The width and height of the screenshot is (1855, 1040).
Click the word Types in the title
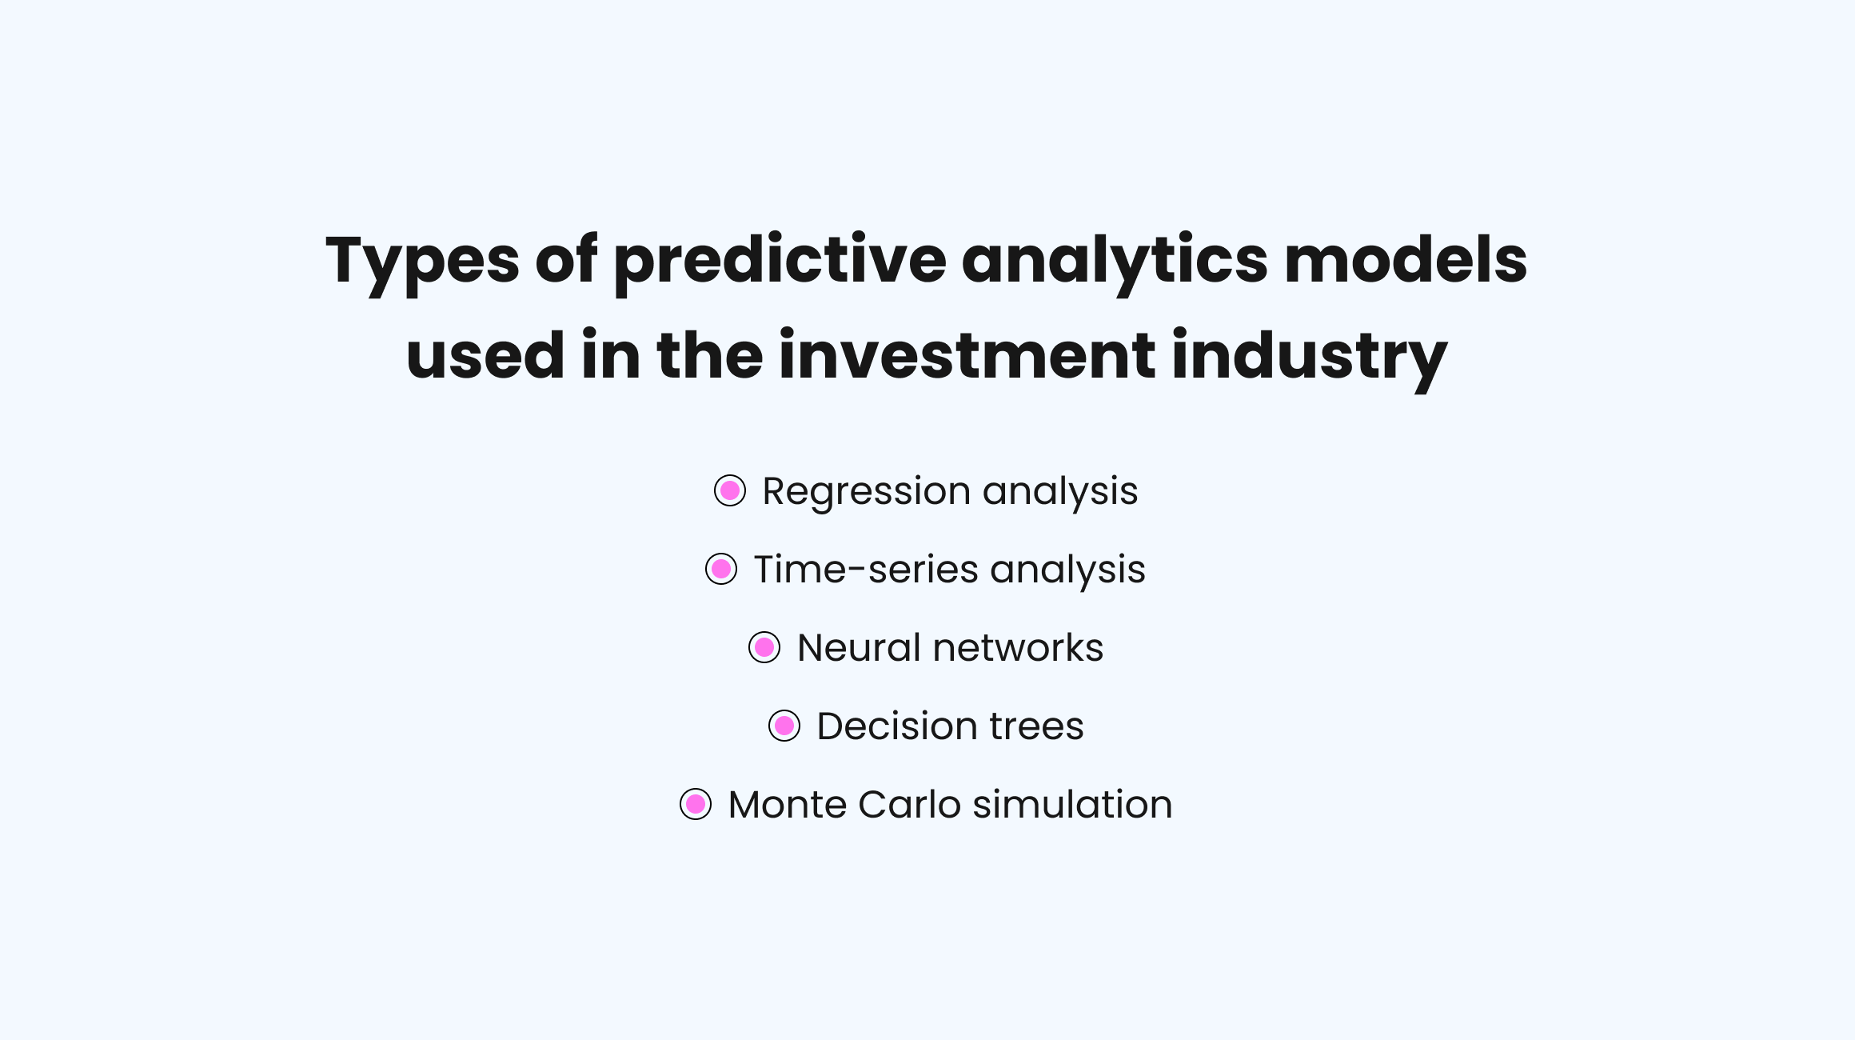pos(422,262)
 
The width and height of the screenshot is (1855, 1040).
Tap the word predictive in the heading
pos(780,262)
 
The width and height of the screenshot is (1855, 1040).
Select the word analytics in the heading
pos(1115,262)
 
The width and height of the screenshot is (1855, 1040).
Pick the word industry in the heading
pos(1310,358)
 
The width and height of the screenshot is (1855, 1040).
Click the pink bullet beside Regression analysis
pos(730,490)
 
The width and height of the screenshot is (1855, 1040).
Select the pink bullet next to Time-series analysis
pos(721,569)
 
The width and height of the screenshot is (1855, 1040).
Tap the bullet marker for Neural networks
pos(764,647)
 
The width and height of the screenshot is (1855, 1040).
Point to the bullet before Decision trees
pos(784,726)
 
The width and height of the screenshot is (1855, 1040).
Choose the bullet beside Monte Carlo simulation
pos(696,804)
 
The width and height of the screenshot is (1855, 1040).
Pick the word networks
pos(1018,647)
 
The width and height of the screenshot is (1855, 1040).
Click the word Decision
pos(897,726)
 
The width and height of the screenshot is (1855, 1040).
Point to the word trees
pos(1037,727)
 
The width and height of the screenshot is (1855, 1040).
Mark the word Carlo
pos(909,804)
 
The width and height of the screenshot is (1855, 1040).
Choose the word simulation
pos(1073,804)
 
